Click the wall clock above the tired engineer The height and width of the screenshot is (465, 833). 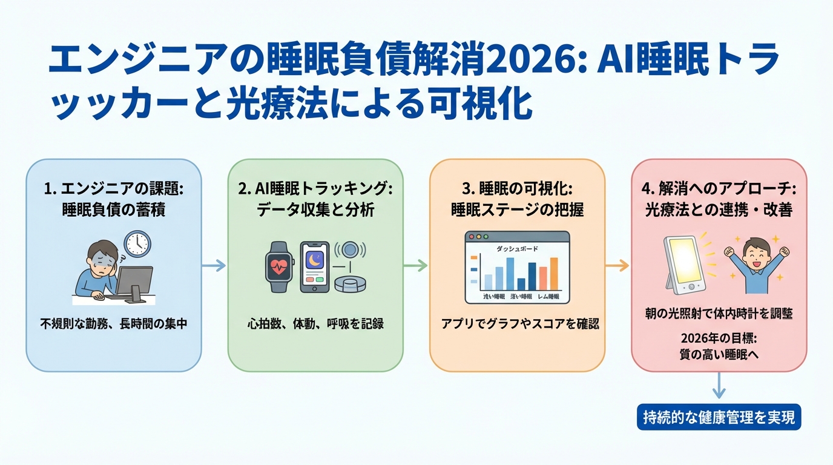click(x=137, y=243)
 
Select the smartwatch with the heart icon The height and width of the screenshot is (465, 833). click(x=280, y=268)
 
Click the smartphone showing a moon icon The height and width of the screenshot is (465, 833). click(x=315, y=268)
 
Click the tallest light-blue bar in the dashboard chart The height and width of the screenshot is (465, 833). click(x=510, y=274)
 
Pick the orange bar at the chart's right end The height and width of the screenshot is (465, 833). click(x=554, y=274)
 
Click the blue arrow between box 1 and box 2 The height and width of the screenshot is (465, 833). click(x=214, y=265)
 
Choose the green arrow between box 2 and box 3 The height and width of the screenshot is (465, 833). click(x=416, y=265)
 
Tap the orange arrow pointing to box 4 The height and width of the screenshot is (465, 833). click(x=617, y=265)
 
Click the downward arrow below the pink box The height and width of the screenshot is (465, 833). click(x=719, y=386)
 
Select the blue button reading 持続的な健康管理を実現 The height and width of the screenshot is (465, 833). click(x=719, y=417)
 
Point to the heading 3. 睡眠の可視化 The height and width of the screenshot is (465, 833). click(x=517, y=189)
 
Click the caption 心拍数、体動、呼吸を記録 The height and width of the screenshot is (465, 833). click(x=315, y=325)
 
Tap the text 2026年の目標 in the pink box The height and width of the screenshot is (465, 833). click(x=719, y=339)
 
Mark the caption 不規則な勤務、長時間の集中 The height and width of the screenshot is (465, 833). click(x=114, y=325)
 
